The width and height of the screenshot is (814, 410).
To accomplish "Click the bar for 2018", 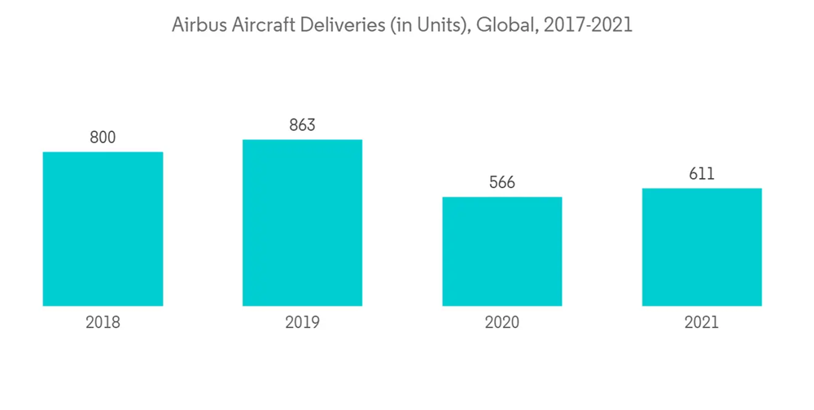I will (103, 229).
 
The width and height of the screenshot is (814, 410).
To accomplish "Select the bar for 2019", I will (302, 223).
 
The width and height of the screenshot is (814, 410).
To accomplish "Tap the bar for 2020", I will (502, 251).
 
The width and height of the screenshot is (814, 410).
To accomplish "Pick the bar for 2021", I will (702, 247).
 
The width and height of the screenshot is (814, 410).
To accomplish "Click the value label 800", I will (103, 137).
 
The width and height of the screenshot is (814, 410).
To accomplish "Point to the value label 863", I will (302, 125).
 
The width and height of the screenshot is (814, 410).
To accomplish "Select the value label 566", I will (502, 182).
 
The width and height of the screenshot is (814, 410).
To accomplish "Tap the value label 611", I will (702, 174).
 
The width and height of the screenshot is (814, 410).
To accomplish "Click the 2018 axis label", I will (103, 323).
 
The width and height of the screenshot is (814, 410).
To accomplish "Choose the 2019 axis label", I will (302, 323).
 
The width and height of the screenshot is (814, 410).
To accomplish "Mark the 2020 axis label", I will (502, 323).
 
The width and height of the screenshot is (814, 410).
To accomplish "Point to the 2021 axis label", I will (702, 323).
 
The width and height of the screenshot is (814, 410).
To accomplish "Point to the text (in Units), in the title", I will (426, 26).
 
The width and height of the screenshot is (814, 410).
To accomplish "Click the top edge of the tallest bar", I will (302, 140).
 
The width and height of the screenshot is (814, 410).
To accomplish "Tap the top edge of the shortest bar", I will (502, 197).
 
